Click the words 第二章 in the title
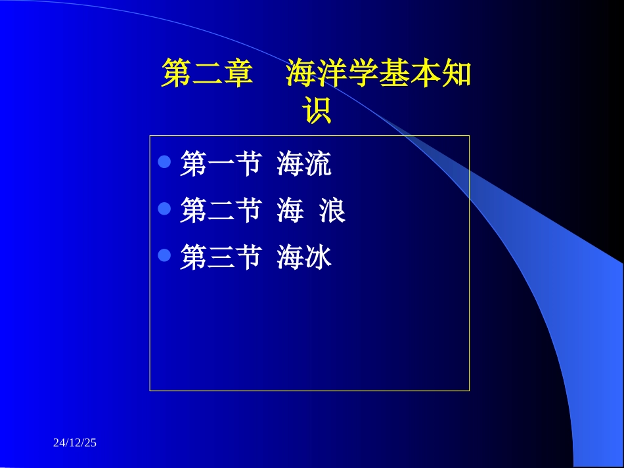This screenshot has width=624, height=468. [208, 75]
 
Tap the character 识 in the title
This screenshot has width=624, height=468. [317, 112]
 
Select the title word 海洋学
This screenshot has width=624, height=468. [332, 75]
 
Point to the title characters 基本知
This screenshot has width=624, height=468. [425, 75]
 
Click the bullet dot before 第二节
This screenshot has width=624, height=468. [165, 209]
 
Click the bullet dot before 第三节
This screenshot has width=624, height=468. [165, 255]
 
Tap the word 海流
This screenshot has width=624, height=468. [304, 163]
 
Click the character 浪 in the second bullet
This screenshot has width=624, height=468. [332, 211]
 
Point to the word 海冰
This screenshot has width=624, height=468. [304, 257]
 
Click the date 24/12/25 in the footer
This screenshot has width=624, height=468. [75, 443]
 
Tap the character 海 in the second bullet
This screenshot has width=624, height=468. [290, 211]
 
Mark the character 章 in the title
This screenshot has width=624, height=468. [238, 75]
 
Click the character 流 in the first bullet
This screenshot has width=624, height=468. [318, 163]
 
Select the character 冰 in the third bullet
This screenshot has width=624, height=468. [318, 257]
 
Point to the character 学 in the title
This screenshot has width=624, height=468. [363, 75]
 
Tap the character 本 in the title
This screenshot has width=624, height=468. [425, 75]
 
